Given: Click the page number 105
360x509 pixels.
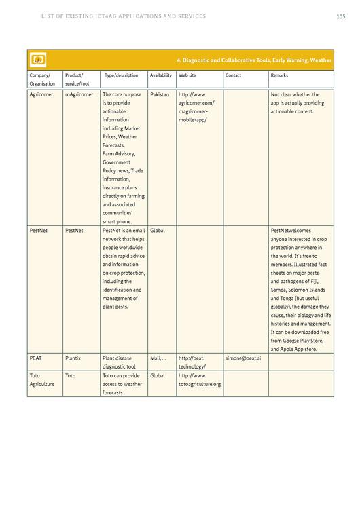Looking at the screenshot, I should click(340, 16).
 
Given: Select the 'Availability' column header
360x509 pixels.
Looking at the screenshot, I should click(160, 75).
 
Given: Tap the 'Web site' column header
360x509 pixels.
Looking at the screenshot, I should click(187, 75).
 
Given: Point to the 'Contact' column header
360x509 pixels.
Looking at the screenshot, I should click(233, 75).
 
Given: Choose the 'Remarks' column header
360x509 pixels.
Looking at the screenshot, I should click(278, 75).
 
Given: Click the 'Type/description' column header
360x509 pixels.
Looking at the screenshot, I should click(122, 75).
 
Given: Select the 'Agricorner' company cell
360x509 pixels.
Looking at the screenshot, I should click(41, 94).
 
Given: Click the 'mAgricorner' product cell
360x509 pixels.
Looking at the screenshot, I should click(79, 94).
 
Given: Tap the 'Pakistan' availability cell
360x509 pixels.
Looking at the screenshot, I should click(160, 94).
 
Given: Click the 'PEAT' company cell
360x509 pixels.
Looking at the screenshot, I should click(36, 357).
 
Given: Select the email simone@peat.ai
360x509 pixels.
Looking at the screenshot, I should click(242, 357).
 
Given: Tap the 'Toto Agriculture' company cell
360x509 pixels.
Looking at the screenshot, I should click(41, 379).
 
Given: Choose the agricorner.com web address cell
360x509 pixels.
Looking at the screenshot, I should click(196, 107).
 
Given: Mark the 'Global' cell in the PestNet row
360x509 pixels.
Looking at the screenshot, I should click(157, 231).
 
